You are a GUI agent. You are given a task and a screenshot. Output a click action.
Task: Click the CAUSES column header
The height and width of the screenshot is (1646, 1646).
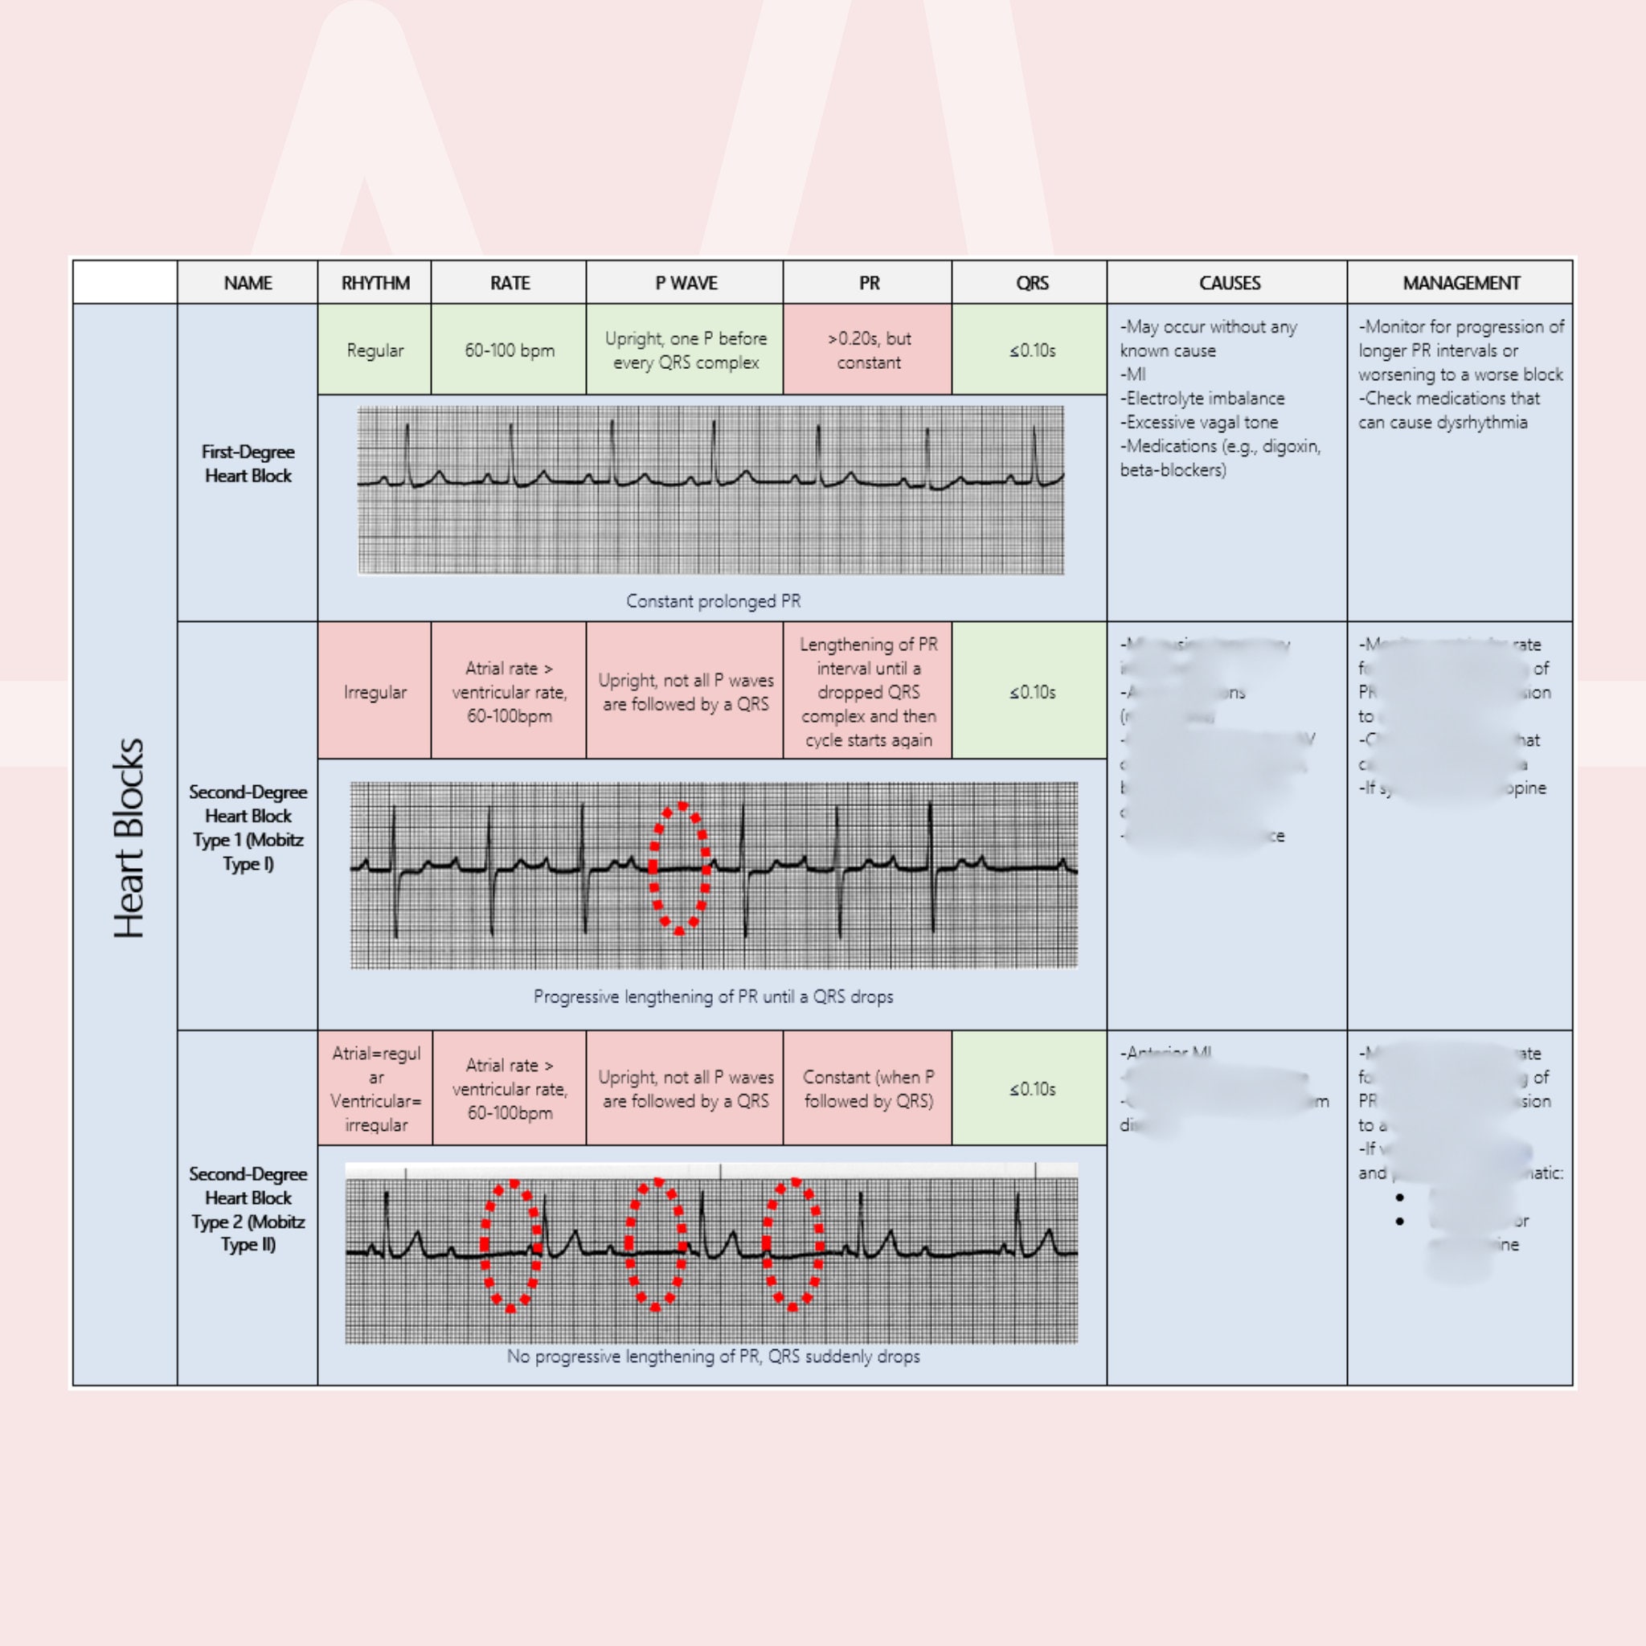(1228, 283)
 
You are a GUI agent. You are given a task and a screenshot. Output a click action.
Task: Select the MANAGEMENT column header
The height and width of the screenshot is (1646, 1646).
(1460, 283)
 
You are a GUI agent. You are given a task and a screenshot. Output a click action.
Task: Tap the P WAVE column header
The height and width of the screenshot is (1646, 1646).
(685, 283)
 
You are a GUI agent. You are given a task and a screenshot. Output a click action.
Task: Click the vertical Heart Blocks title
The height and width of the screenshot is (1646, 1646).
(128, 838)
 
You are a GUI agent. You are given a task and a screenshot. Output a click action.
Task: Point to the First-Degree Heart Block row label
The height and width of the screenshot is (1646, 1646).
(248, 464)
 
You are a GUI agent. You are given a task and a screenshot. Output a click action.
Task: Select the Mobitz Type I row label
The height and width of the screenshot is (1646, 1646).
(248, 827)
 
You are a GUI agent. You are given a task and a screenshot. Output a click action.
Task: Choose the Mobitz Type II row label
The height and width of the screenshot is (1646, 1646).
(248, 1209)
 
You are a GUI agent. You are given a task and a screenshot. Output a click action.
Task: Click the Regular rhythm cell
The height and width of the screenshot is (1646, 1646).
(375, 350)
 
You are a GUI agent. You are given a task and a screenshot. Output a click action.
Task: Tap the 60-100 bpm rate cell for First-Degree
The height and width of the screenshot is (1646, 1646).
(510, 350)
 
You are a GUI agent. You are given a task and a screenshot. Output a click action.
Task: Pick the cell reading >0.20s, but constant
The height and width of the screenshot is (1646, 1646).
(868, 350)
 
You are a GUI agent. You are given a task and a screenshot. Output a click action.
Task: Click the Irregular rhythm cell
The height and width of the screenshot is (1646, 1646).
(375, 692)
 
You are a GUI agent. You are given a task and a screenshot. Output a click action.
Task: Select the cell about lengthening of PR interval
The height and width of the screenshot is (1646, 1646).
(868, 692)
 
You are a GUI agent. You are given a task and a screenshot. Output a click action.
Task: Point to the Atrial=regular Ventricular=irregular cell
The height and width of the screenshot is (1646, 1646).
(375, 1089)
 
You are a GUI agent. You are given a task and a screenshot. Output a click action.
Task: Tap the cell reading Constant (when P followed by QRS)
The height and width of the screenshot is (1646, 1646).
(868, 1089)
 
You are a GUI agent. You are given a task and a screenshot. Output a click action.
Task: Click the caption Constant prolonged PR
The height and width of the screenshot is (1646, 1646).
(713, 601)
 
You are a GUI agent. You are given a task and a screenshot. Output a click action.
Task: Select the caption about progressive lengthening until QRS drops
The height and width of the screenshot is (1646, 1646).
(713, 997)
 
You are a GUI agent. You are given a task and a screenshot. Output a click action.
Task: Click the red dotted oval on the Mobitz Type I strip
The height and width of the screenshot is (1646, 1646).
(680, 868)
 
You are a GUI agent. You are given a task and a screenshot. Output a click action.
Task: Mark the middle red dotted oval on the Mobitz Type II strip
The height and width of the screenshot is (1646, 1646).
(656, 1245)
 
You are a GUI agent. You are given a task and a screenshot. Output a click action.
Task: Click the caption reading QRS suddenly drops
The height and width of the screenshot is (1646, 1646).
(713, 1357)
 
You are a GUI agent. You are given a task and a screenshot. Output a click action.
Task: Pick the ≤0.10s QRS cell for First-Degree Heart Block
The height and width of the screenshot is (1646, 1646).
(1031, 350)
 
